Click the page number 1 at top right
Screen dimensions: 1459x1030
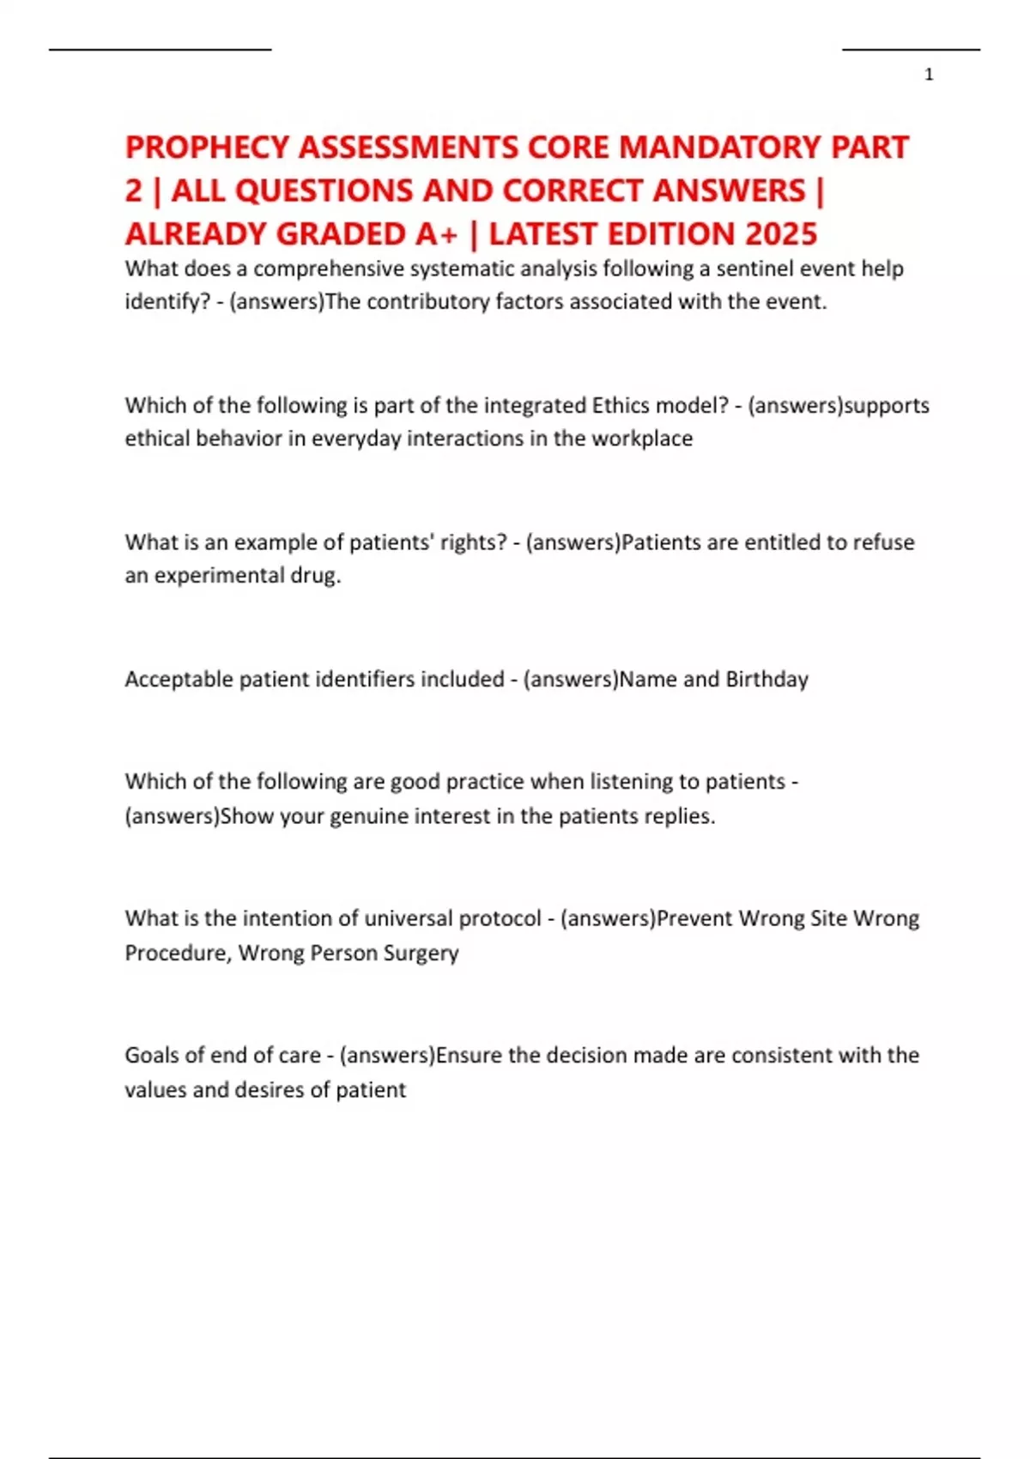pyautogui.click(x=929, y=75)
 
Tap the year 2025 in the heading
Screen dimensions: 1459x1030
pyautogui.click(x=781, y=234)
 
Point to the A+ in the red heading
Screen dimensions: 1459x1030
pyautogui.click(x=437, y=234)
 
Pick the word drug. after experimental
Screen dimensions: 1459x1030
pyautogui.click(x=320, y=575)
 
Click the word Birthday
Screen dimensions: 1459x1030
pyautogui.click(x=766, y=679)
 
